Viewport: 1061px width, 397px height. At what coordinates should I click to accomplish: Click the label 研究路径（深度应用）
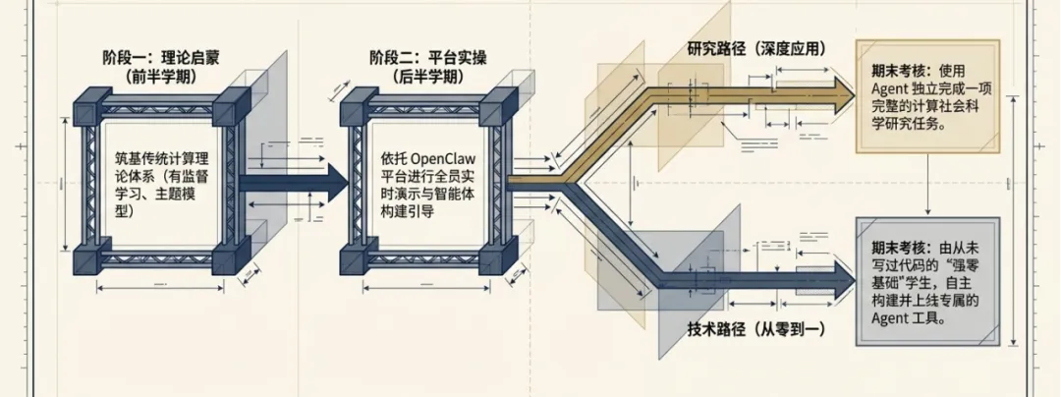(756, 47)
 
